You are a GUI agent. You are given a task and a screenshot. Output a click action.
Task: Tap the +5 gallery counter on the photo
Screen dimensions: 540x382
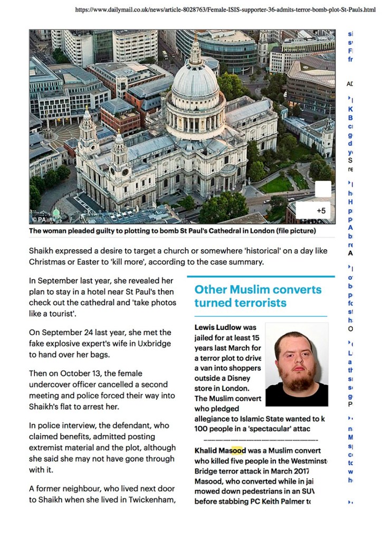tap(321, 211)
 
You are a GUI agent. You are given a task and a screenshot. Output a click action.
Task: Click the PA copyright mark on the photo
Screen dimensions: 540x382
tap(39, 219)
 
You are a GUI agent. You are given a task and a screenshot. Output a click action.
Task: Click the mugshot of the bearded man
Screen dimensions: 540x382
tap(297, 364)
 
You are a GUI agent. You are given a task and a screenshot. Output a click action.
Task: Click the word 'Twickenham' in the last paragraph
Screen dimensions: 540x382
tap(148, 499)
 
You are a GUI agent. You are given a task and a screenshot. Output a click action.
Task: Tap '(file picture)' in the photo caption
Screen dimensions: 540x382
tap(297, 231)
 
